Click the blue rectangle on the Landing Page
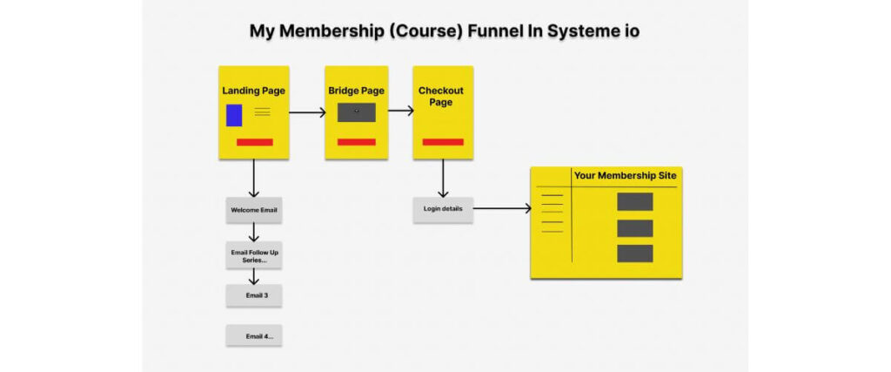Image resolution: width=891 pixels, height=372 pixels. (x=234, y=115)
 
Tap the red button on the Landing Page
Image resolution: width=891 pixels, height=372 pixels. (x=254, y=142)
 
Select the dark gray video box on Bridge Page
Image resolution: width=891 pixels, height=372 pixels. (x=356, y=112)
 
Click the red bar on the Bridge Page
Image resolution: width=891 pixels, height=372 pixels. (x=356, y=142)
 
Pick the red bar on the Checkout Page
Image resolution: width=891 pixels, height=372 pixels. (x=443, y=142)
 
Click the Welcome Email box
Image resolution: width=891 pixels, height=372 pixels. (x=254, y=210)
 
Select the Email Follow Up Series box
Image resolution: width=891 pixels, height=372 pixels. (x=254, y=255)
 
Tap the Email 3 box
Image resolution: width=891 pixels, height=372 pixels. (x=254, y=295)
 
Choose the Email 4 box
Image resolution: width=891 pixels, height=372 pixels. (x=254, y=335)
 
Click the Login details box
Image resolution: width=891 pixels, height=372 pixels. (x=443, y=209)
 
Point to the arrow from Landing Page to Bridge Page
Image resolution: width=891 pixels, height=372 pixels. (x=307, y=112)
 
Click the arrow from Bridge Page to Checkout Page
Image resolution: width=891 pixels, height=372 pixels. (x=400, y=111)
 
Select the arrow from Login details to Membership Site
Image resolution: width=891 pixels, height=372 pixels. (x=502, y=209)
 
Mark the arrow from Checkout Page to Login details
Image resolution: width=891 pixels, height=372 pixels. (x=443, y=179)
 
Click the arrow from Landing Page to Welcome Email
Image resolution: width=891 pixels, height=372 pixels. (x=254, y=179)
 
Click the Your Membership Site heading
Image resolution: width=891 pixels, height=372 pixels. (x=625, y=176)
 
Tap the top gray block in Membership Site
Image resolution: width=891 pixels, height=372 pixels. (x=634, y=202)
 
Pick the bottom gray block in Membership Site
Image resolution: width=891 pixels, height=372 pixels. (x=634, y=254)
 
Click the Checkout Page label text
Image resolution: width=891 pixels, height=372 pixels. (x=441, y=96)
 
